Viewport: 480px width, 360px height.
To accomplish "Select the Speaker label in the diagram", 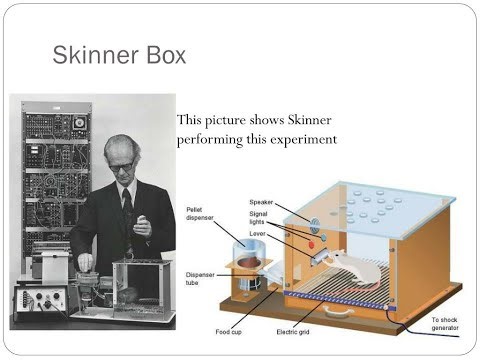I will tap(262, 202).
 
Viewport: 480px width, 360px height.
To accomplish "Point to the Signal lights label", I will tap(262, 219).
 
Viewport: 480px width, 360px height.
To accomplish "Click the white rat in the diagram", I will tap(351, 267).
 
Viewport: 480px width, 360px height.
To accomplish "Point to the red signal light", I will tap(311, 242).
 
